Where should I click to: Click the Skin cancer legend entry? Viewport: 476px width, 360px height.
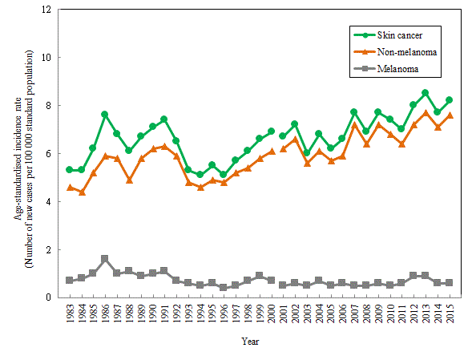(x=389, y=35)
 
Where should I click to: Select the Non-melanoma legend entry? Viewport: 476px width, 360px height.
(x=395, y=52)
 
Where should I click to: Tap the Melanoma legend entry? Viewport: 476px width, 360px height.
(x=386, y=69)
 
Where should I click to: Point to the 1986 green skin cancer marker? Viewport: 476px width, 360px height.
(x=105, y=114)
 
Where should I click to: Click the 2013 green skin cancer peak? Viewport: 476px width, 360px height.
(x=425, y=93)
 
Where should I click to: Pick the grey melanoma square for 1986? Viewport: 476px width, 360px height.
(x=105, y=258)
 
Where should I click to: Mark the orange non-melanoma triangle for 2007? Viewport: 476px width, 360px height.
(x=354, y=125)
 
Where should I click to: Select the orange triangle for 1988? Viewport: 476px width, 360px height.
(x=129, y=180)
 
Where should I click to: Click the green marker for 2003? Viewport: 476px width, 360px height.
(x=307, y=153)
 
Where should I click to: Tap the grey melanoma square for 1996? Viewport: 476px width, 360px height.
(x=224, y=287)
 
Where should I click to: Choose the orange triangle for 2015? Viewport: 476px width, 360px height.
(x=450, y=115)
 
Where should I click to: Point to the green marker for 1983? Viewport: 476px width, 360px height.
(x=69, y=169)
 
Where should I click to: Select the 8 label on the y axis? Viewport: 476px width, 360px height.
(x=48, y=105)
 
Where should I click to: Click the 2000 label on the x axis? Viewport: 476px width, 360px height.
(x=271, y=313)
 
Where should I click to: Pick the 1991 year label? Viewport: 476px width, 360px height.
(x=164, y=313)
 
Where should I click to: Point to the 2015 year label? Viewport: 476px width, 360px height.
(x=450, y=313)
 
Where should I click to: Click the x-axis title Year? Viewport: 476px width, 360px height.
(x=250, y=342)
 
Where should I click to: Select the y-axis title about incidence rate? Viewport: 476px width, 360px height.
(x=23, y=159)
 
